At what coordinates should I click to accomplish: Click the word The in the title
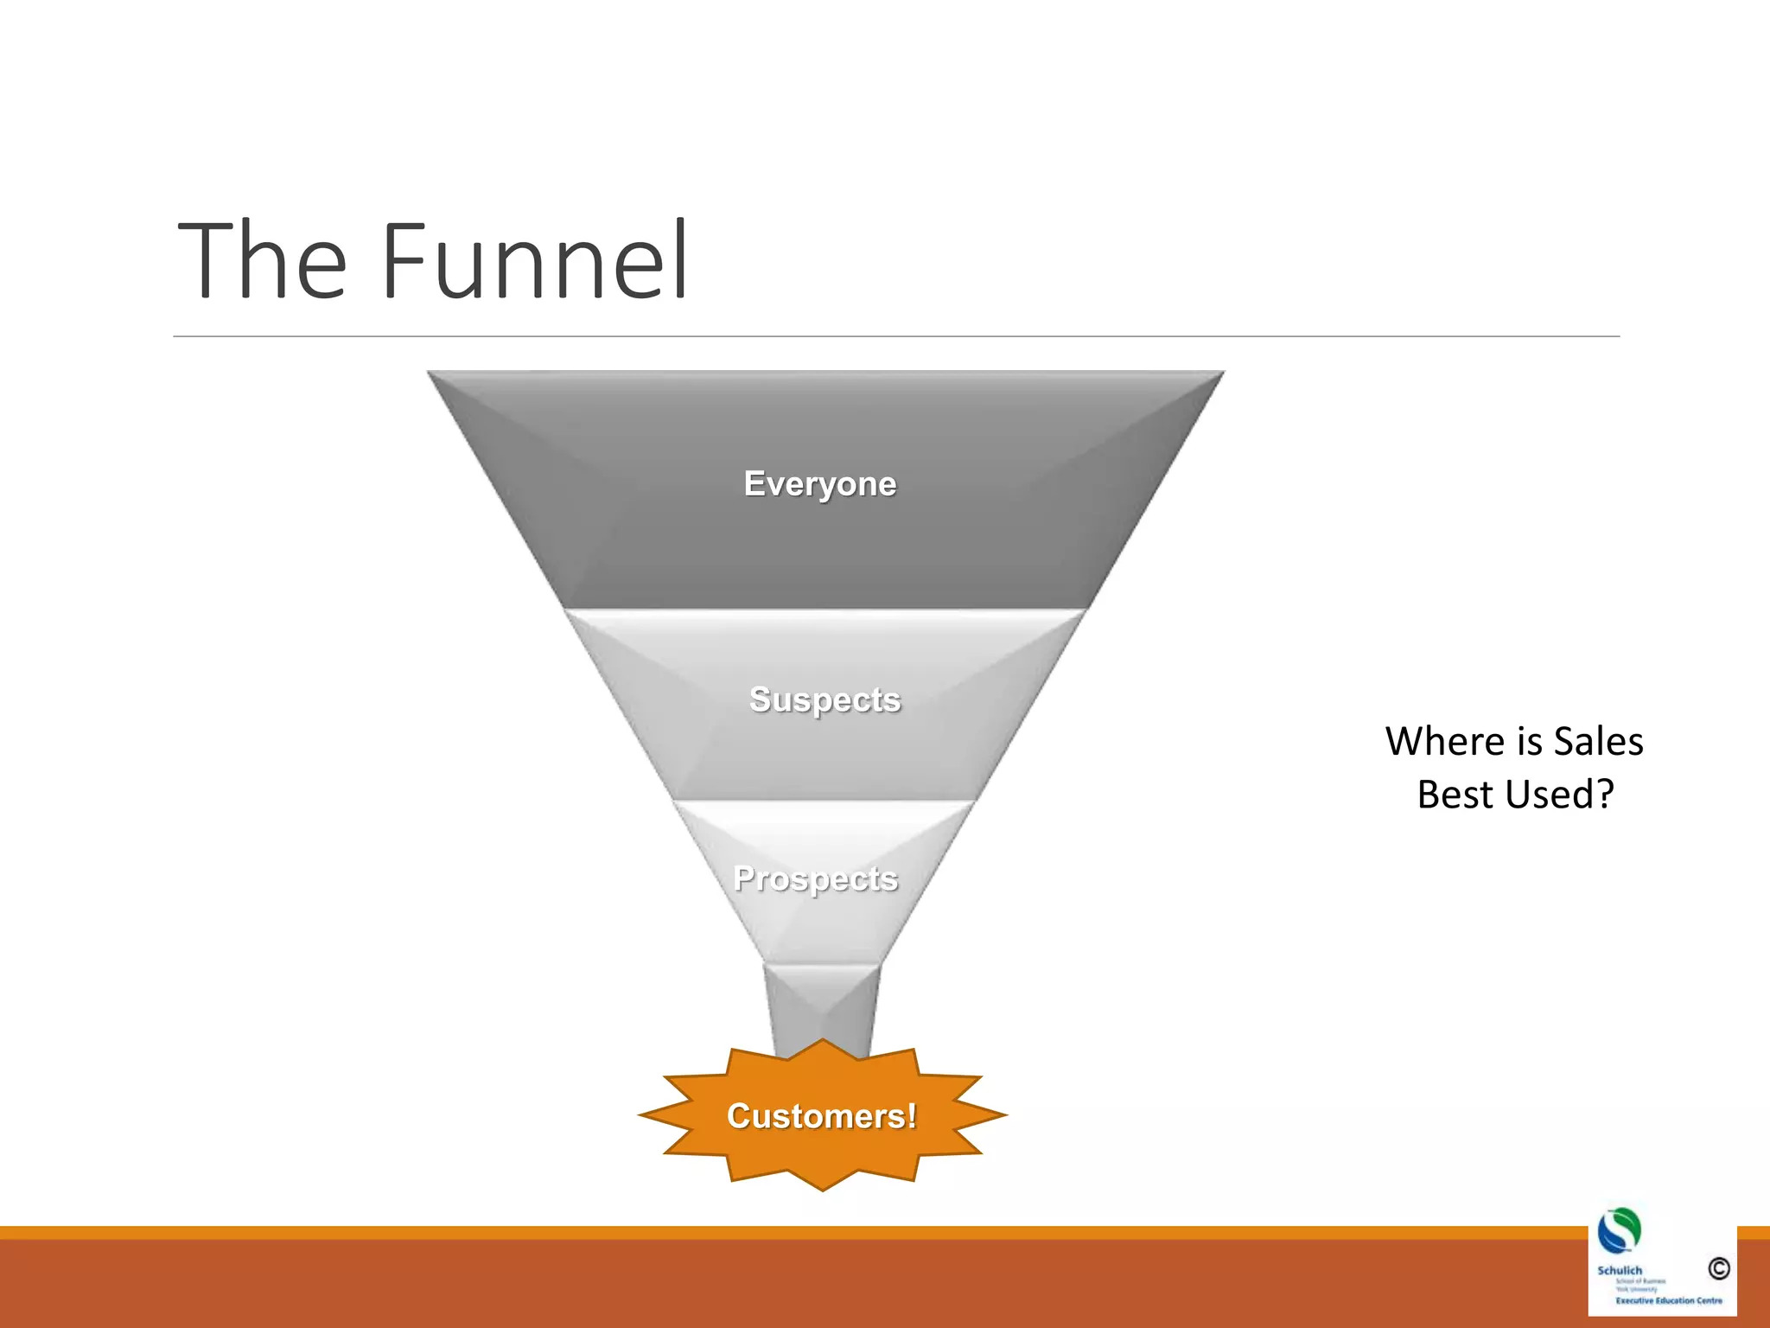click(262, 261)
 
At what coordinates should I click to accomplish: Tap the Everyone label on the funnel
click(819, 484)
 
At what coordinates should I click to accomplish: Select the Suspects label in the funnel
click(825, 699)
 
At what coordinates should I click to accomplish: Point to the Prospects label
click(815, 878)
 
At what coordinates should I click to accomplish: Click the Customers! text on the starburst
click(821, 1116)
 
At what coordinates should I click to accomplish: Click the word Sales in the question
click(1598, 742)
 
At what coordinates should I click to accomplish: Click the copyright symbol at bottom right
click(1718, 1268)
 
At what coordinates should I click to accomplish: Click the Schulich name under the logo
click(1619, 1270)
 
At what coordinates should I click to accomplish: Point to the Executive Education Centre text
click(1668, 1300)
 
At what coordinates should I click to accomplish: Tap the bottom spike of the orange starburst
click(823, 1188)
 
